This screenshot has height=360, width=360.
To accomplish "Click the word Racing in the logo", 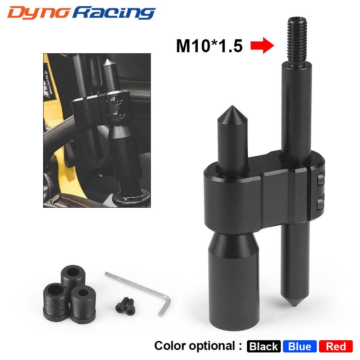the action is pos(114,13).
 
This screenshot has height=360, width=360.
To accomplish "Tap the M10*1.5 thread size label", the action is pos(209,46).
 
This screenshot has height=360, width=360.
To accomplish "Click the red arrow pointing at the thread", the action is pos(262,45).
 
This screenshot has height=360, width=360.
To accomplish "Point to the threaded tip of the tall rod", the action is pos(297,41).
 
